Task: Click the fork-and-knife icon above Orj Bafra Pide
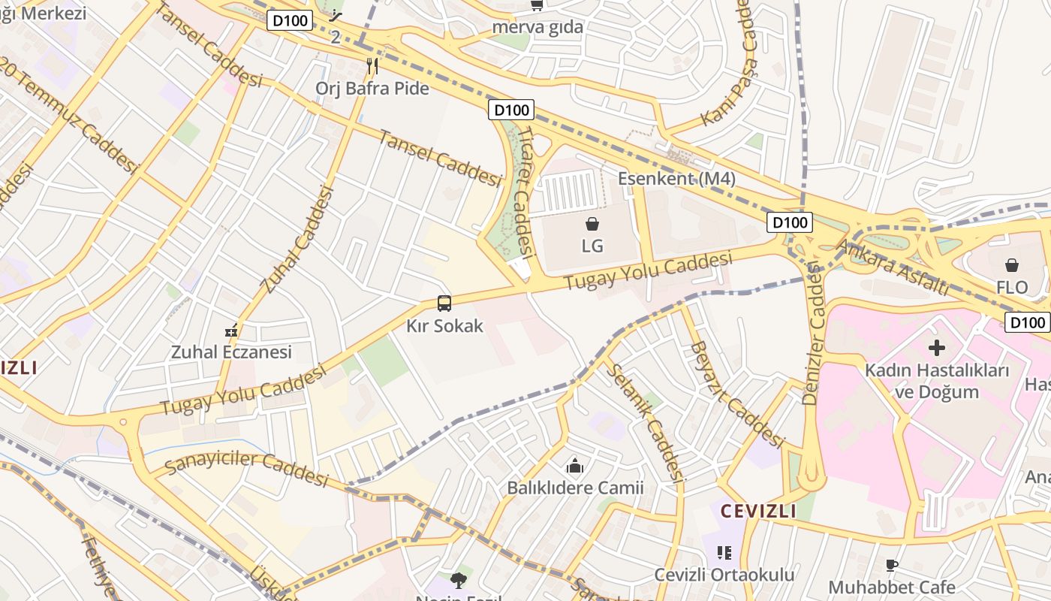[372, 66]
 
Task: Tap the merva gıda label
[538, 27]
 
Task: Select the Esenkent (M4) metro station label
[676, 179]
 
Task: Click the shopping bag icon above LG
[592, 224]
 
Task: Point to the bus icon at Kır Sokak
[444, 304]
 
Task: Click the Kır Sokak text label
[444, 326]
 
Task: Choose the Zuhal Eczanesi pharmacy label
[231, 352]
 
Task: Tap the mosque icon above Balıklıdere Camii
[575, 466]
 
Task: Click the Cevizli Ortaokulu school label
[724, 575]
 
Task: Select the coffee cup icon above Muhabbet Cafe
[892, 565]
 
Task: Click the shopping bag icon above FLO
[1012, 265]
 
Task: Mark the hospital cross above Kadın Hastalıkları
[937, 348]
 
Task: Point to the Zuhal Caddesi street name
[297, 240]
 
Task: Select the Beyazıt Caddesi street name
[736, 394]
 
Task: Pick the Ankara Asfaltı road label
[893, 267]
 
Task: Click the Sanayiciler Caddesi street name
[246, 467]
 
